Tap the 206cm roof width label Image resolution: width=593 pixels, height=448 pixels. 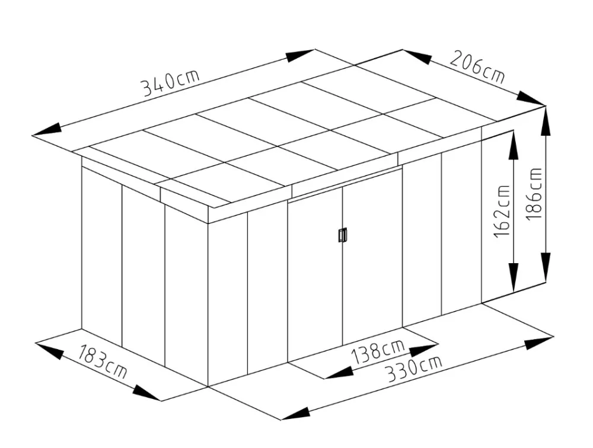477,68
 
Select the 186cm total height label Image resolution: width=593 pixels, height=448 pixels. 534,193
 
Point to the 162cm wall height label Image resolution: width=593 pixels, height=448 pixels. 502,210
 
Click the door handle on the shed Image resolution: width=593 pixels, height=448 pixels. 343,235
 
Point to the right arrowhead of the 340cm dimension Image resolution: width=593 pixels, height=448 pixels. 300,55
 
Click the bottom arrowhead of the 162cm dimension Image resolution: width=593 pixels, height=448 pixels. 514,277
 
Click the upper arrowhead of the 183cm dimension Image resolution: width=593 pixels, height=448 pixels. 50,350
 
